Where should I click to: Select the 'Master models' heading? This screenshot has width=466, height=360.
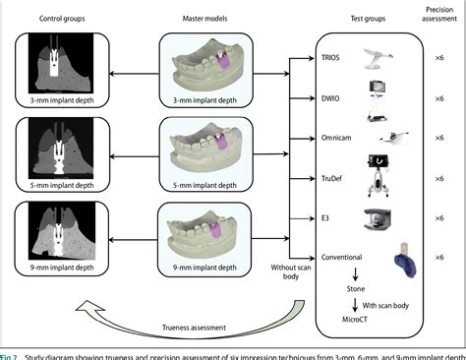pos(205,19)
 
